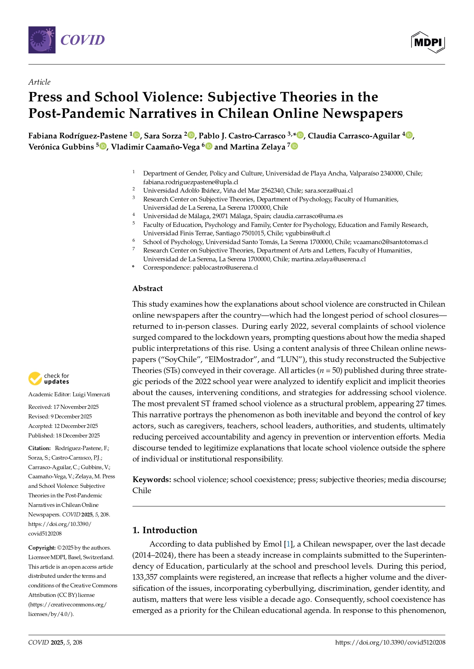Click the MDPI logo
pos(428,42)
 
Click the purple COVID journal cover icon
pos(42,40)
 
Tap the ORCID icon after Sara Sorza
pos(191,135)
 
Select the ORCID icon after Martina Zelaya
pos(294,146)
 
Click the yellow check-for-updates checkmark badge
pos(35,379)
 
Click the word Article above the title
pos(39,82)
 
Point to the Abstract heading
pos(147,288)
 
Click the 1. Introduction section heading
pos(165,530)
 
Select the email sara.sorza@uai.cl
pos(328,190)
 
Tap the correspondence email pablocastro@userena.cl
pos(225,267)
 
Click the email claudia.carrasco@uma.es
pos(308,216)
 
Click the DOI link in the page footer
pos(390,642)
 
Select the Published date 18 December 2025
pos(78,435)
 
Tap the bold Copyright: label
pos(42,548)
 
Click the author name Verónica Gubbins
pos(61,147)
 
